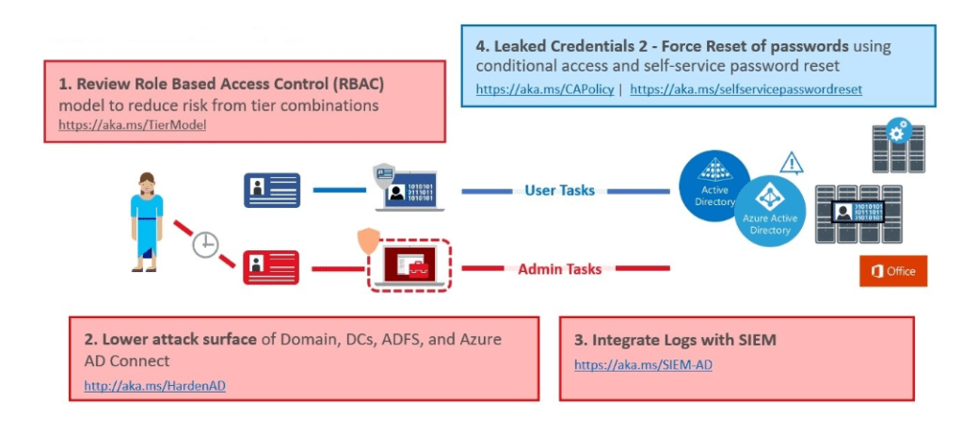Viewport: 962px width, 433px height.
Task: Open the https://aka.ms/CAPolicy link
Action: pyautogui.click(x=544, y=90)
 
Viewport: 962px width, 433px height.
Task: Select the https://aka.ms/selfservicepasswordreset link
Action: pyautogui.click(x=746, y=90)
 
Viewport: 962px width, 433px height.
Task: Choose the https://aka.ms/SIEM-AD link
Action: pyautogui.click(x=643, y=364)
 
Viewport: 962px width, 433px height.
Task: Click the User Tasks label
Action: pyautogui.click(x=559, y=190)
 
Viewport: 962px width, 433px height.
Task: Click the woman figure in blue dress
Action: pyautogui.click(x=146, y=221)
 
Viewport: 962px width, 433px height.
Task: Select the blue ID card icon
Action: pyautogui.click(x=272, y=190)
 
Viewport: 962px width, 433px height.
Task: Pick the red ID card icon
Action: pyautogui.click(x=271, y=267)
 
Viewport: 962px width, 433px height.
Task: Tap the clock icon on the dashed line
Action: pyautogui.click(x=205, y=246)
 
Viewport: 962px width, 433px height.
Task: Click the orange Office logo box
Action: pyautogui.click(x=892, y=271)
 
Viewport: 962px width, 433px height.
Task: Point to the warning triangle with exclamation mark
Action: pyautogui.click(x=791, y=165)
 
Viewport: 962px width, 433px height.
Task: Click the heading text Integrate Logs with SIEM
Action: pyautogui.click(x=675, y=340)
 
